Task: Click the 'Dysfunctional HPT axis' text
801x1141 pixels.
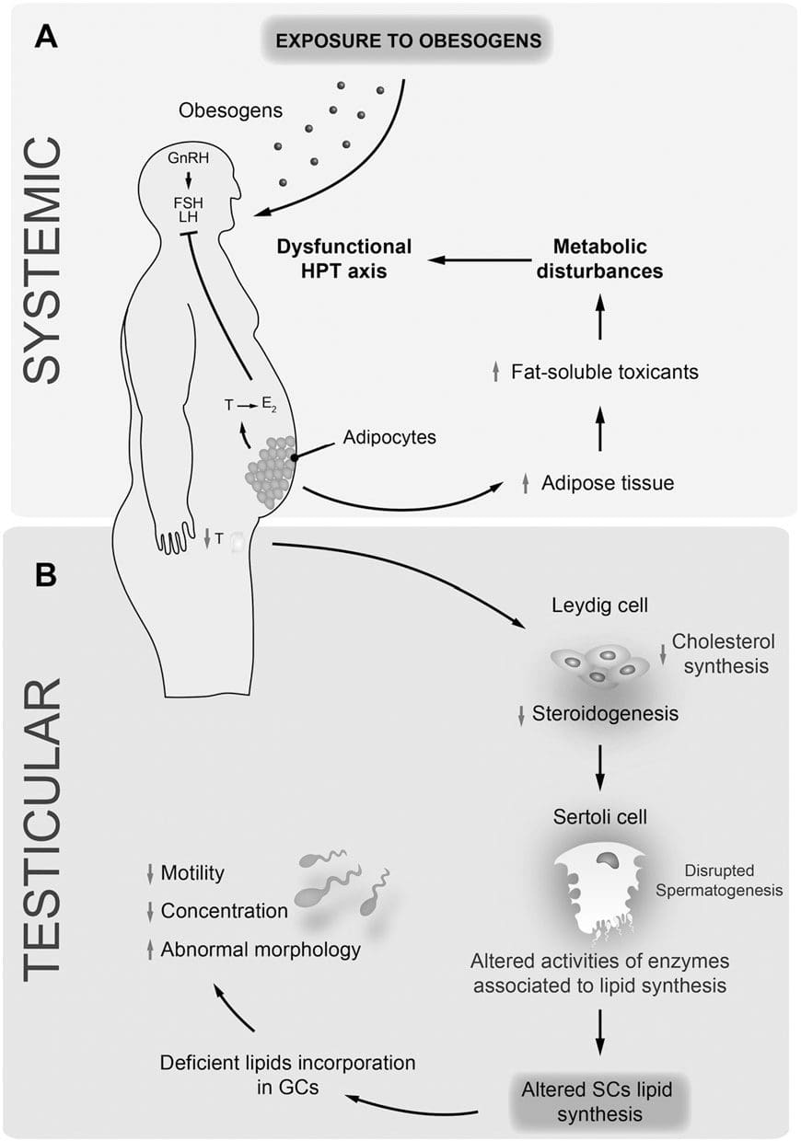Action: pos(344,259)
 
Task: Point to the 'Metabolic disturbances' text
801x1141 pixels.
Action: pos(600,259)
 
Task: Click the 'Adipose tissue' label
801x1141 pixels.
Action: pos(608,482)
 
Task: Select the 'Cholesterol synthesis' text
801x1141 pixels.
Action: pos(719,652)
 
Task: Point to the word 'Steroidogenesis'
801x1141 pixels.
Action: pos(605,713)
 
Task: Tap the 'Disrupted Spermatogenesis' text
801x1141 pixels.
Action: pos(734,880)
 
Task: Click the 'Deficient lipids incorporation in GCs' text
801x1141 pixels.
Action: pos(287,1074)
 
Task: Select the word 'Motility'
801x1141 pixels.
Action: pos(192,872)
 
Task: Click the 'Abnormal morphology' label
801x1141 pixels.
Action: pos(261,950)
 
